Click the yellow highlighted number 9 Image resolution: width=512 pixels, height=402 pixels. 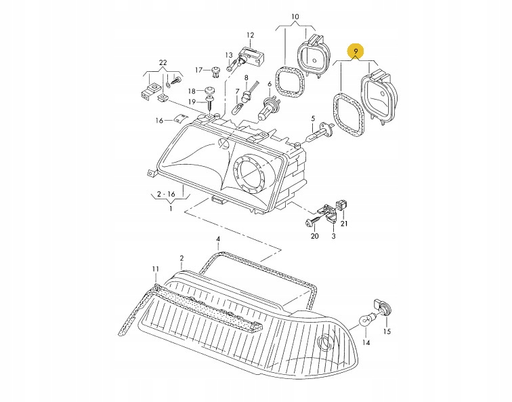355,52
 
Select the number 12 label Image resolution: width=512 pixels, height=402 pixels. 250,35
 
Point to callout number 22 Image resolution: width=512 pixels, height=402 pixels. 163,62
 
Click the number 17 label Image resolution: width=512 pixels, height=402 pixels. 198,70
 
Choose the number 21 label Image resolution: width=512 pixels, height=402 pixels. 343,224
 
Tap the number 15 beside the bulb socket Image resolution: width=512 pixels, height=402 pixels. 387,331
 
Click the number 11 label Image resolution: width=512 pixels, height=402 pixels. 155,269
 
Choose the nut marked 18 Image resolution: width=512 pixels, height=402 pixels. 211,89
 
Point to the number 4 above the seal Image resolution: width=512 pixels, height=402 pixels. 218,239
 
